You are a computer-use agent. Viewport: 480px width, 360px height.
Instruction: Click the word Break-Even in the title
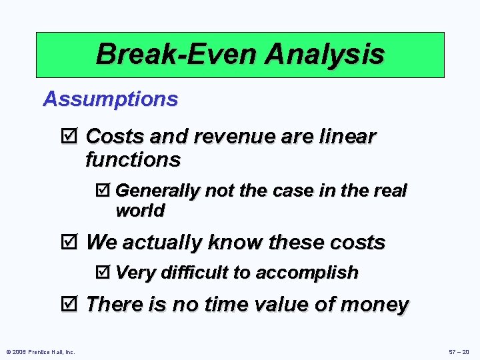coord(176,54)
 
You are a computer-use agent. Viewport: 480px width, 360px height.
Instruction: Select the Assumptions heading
coord(111,99)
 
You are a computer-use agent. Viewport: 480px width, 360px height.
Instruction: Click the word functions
coord(133,160)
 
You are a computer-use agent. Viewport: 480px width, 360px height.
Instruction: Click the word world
coord(140,211)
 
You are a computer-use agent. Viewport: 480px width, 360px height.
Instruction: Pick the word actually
coord(163,243)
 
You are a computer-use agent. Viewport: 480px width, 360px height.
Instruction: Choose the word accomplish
coord(307,273)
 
